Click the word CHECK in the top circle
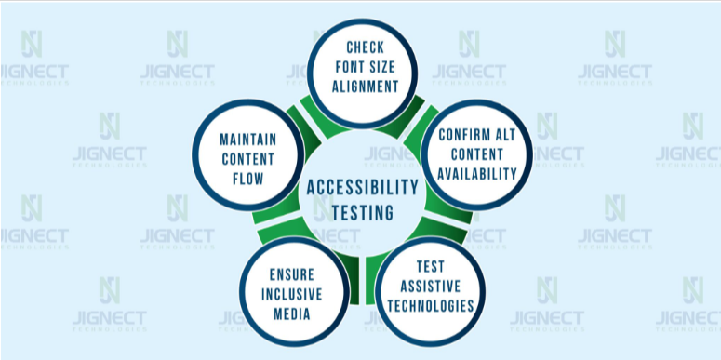click(x=365, y=47)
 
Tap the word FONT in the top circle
click(x=349, y=67)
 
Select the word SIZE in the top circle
click(x=381, y=67)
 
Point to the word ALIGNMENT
click(x=365, y=87)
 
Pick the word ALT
click(x=504, y=134)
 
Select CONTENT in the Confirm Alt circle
click(x=477, y=154)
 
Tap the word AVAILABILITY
click(x=477, y=174)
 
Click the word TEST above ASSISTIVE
click(x=431, y=266)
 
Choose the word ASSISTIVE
click(x=431, y=286)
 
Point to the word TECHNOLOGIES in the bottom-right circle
click(x=431, y=306)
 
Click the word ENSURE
click(x=292, y=274)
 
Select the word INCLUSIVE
click(x=292, y=294)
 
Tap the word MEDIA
click(x=292, y=314)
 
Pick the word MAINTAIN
click(x=248, y=139)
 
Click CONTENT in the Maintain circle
click(x=248, y=159)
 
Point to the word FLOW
click(x=248, y=179)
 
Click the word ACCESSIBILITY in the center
click(x=363, y=188)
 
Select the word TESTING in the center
click(x=363, y=212)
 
